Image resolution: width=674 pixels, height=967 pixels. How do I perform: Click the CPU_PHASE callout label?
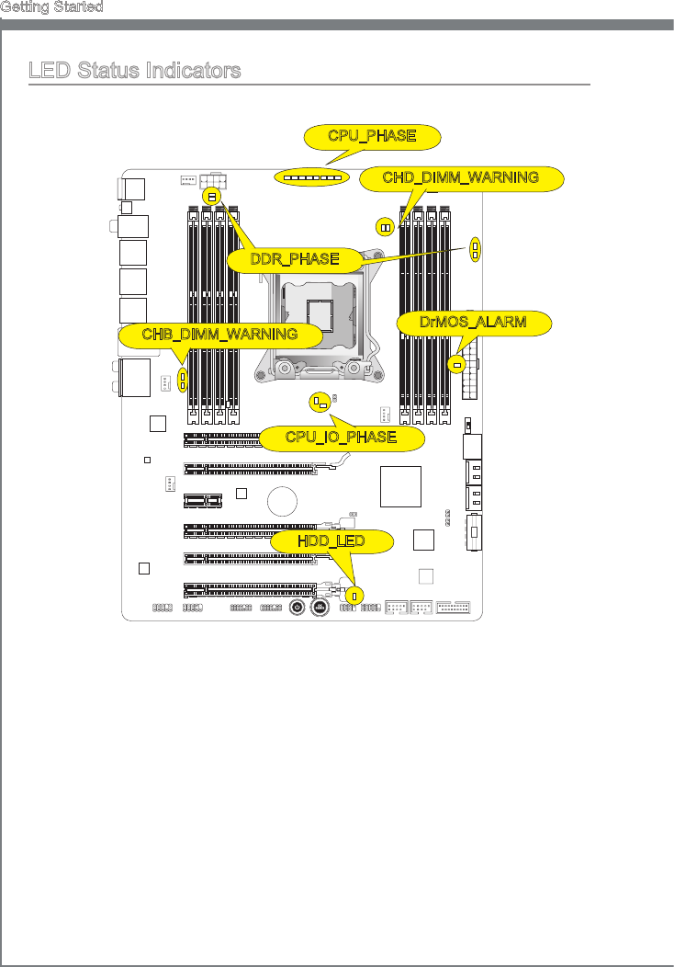pos(372,137)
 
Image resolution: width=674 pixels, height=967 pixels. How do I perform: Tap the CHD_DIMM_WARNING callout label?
pos(460,177)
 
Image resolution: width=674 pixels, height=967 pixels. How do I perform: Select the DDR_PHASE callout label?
pos(295,259)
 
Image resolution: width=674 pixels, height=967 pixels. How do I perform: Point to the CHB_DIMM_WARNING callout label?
pos(219,334)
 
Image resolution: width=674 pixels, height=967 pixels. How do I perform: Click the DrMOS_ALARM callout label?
pos(474,323)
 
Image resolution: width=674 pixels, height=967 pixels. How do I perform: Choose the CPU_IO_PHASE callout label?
pos(341,438)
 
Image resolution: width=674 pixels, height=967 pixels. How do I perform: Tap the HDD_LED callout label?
pos(331,541)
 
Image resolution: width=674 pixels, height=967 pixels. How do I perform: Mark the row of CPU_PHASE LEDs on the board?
pos(311,176)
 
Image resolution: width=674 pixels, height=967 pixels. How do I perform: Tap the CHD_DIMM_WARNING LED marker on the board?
pos(385,227)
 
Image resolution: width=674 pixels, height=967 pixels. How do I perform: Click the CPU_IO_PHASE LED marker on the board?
pos(320,402)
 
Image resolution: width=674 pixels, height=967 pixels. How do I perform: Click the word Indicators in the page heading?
pos(198,71)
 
